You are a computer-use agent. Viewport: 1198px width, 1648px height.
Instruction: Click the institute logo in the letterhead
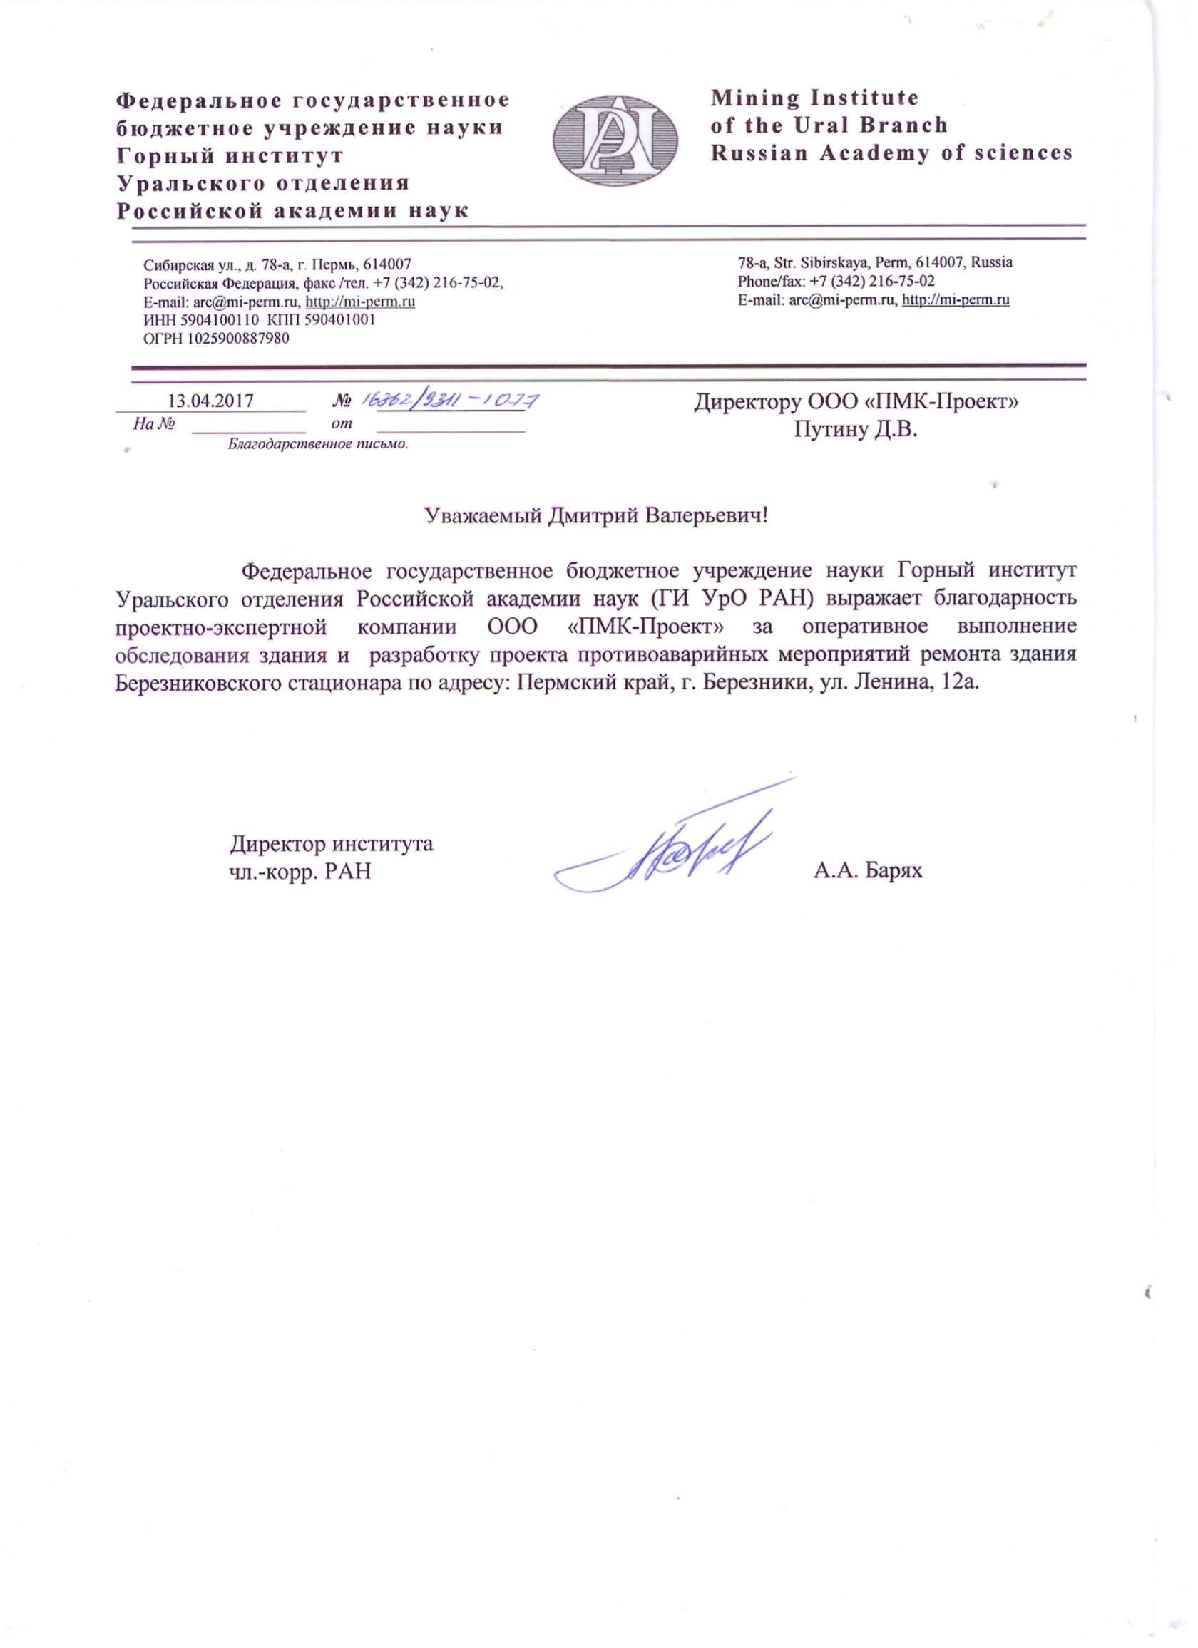[x=615, y=140]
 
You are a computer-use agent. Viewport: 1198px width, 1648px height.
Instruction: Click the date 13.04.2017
[x=211, y=401]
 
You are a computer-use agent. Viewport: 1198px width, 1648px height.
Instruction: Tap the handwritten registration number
[x=451, y=400]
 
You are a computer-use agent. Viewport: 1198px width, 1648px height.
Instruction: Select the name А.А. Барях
[x=868, y=870]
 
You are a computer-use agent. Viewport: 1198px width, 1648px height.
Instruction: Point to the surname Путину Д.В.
[x=856, y=429]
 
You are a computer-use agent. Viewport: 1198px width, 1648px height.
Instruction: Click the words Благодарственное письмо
[x=317, y=444]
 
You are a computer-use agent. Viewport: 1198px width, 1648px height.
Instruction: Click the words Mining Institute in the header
[x=814, y=98]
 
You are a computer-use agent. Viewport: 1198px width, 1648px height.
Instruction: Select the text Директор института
[x=332, y=844]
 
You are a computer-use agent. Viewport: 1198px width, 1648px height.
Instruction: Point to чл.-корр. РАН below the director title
[x=300, y=870]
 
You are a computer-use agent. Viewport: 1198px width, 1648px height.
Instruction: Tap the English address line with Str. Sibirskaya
[x=875, y=262]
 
